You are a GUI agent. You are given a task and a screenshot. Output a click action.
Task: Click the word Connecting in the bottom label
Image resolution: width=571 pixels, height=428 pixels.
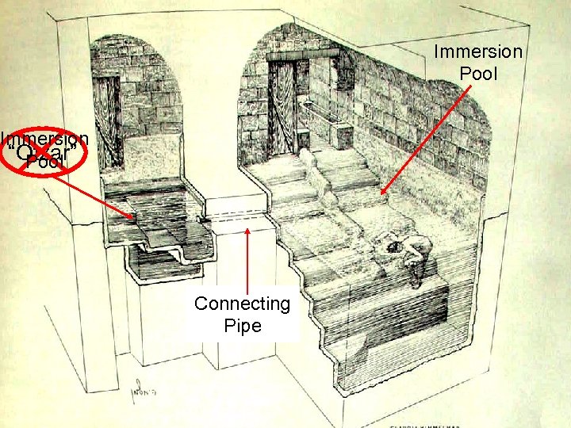(x=243, y=304)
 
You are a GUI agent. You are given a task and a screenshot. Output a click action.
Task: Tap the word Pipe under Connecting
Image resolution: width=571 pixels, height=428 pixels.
(x=243, y=325)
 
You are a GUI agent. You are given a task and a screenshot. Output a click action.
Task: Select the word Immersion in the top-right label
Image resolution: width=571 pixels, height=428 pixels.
(x=478, y=52)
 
